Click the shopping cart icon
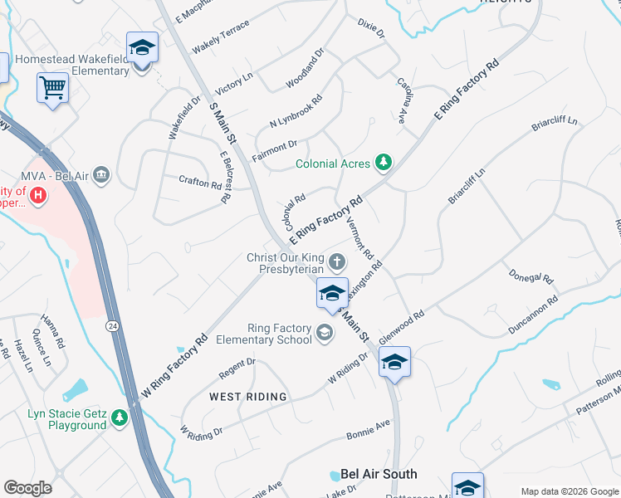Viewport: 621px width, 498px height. click(x=52, y=86)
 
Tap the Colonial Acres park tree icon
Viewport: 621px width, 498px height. click(x=383, y=163)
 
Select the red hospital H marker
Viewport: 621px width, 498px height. click(x=37, y=195)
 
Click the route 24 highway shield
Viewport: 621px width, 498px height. click(x=110, y=326)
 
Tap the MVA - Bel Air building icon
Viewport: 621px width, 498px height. click(x=101, y=174)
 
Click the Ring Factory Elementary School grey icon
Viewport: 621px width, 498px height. click(x=324, y=333)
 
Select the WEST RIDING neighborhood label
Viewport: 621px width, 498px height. click(x=247, y=397)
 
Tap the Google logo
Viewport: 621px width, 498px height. click(x=27, y=487)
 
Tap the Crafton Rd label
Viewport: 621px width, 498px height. click(x=200, y=181)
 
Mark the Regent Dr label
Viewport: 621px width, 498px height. click(x=237, y=368)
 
